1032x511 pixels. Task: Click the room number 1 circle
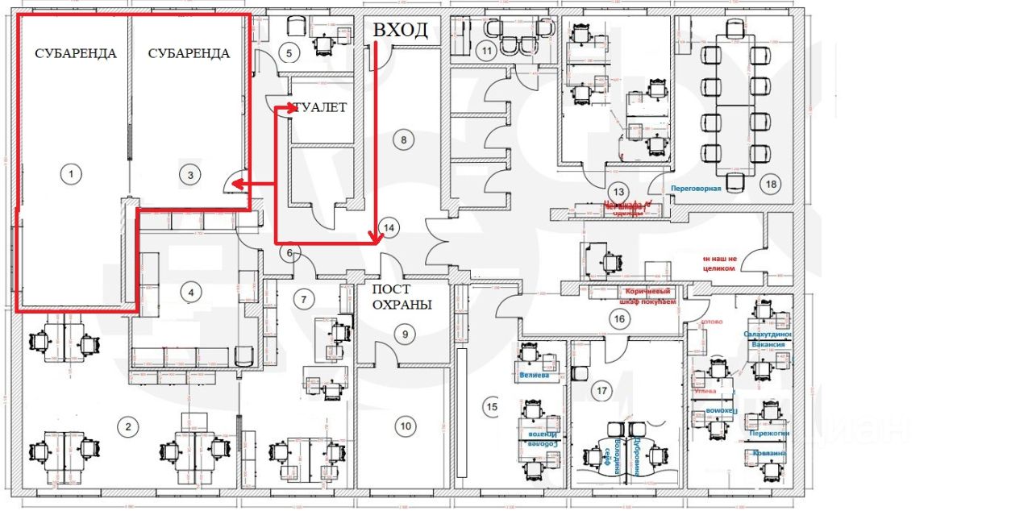coord(72,172)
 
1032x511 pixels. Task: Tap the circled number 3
coord(190,172)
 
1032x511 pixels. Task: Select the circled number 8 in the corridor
coord(403,139)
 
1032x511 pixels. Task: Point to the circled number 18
coord(772,184)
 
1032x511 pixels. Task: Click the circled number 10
coord(405,426)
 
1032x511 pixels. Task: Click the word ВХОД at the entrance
coord(400,31)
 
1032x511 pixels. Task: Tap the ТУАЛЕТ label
coord(320,107)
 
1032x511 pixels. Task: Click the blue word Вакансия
coord(768,344)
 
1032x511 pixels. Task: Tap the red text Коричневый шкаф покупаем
coord(651,295)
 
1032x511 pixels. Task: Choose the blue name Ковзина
coord(769,453)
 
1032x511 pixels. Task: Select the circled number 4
coord(190,292)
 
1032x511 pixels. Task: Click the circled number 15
coord(492,408)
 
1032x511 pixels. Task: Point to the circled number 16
coord(619,319)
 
